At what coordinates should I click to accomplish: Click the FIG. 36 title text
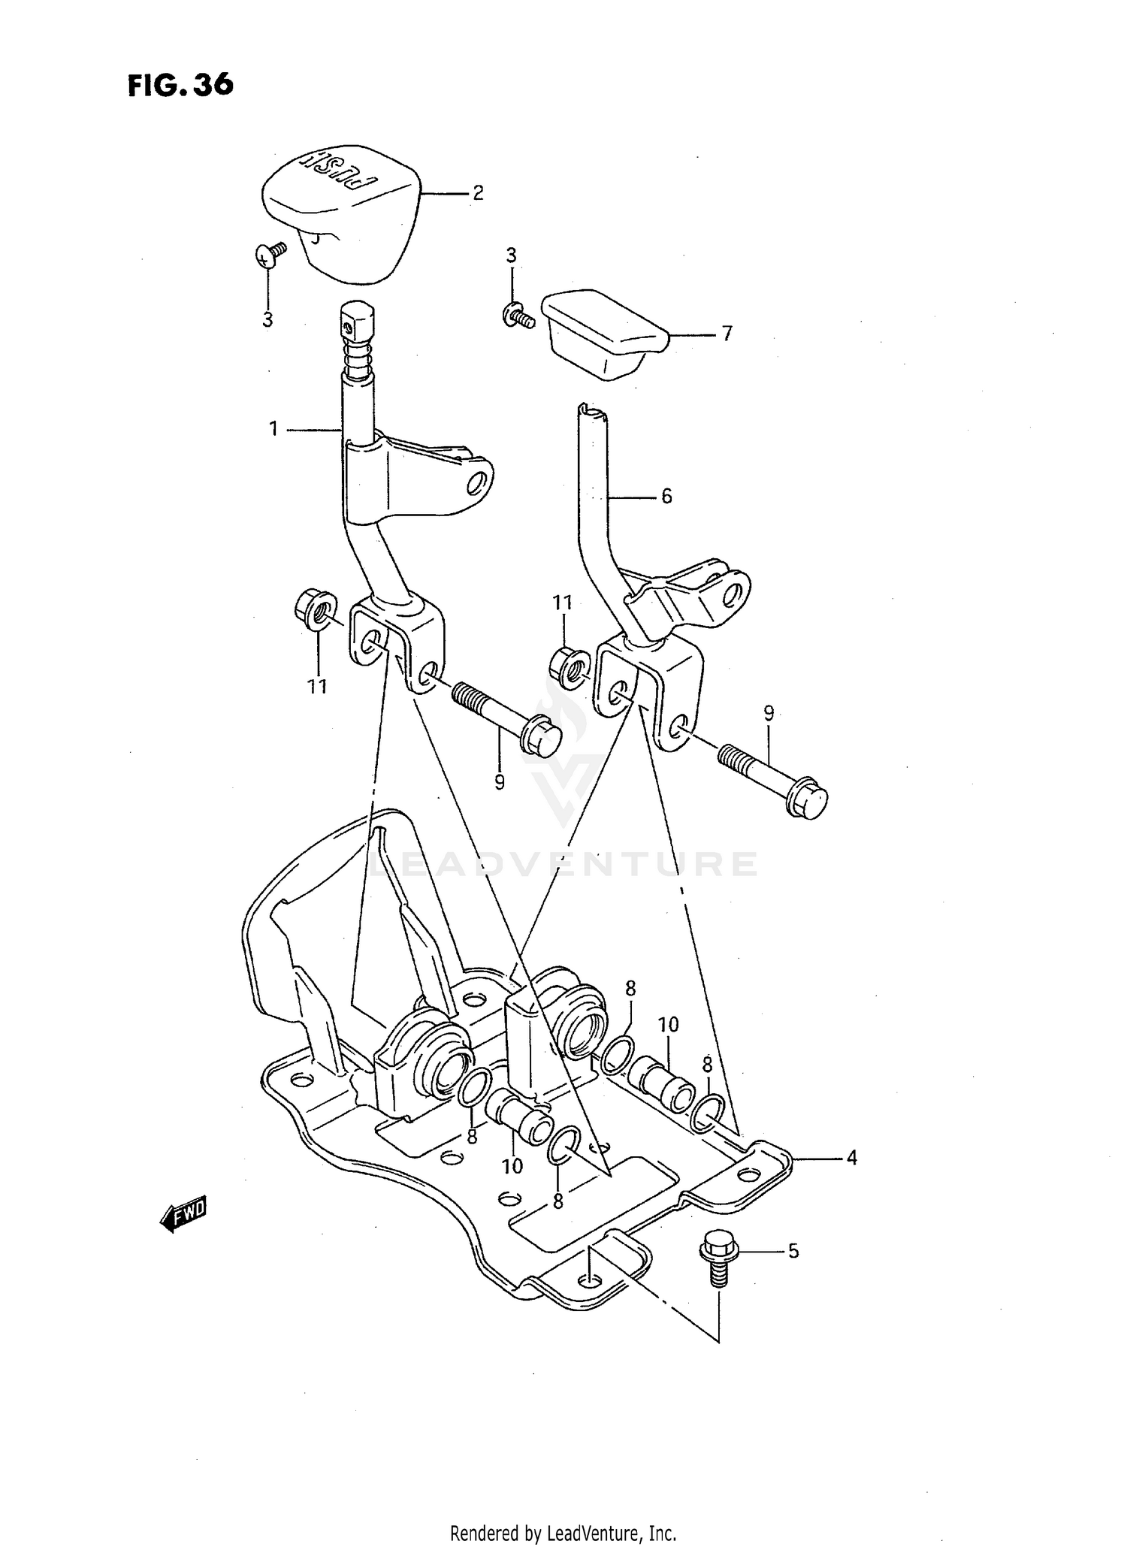180,85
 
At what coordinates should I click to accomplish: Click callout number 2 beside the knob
478,193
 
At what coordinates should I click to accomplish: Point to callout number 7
727,334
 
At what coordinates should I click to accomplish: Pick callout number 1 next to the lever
273,429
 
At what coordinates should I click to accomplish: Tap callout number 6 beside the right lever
666,496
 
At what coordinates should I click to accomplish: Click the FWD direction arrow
183,1215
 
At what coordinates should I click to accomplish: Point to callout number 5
793,1252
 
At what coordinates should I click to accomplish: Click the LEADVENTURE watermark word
563,864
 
